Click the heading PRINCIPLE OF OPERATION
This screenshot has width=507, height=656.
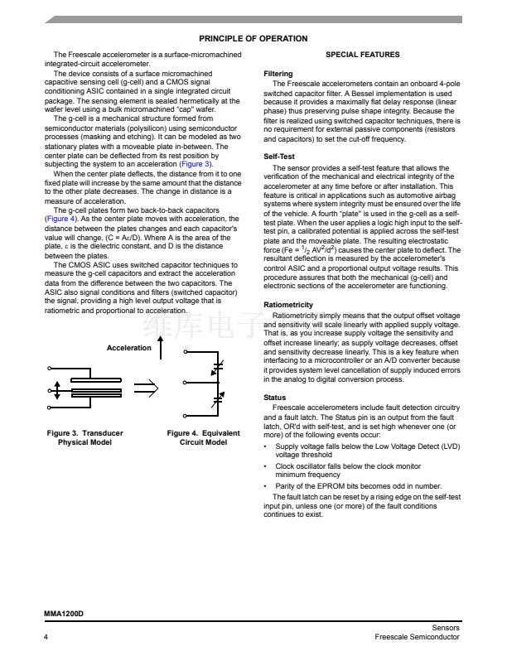253,39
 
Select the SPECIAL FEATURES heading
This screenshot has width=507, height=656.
362,55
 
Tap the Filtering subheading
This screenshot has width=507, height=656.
278,74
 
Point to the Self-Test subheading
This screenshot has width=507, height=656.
279,156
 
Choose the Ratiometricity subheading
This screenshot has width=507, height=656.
287,305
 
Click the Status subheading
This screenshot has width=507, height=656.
274,398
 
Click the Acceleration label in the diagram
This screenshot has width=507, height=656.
128,348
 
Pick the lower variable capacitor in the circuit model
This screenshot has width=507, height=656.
218,400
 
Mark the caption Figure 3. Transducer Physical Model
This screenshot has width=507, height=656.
84,437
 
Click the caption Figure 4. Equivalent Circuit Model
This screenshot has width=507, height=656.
203,437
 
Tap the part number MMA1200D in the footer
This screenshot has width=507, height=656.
64,615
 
